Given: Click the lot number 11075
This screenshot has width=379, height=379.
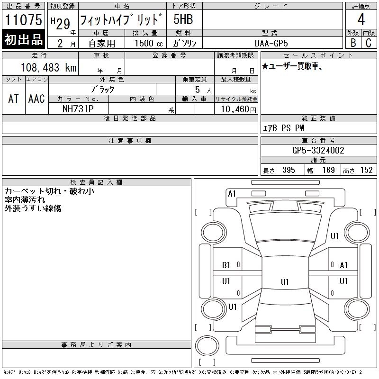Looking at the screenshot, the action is pos(23,20).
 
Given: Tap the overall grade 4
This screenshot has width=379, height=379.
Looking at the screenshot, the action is pos(361,19).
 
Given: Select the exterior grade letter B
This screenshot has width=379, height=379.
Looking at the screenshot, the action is pos(353,43).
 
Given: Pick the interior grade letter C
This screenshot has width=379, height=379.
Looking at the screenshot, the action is pos(369,43).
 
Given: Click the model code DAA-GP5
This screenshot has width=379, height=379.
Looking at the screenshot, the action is pos(271,43).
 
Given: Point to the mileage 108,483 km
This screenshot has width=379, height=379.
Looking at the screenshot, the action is pos(48,67).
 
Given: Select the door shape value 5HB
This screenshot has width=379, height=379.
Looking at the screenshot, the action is pos(183,19).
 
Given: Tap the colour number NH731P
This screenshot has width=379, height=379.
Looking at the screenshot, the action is pos(78,109).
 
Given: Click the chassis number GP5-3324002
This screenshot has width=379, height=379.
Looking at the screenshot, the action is pos(318,150).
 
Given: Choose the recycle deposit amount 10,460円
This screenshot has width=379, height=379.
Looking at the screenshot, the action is pos(239,109).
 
